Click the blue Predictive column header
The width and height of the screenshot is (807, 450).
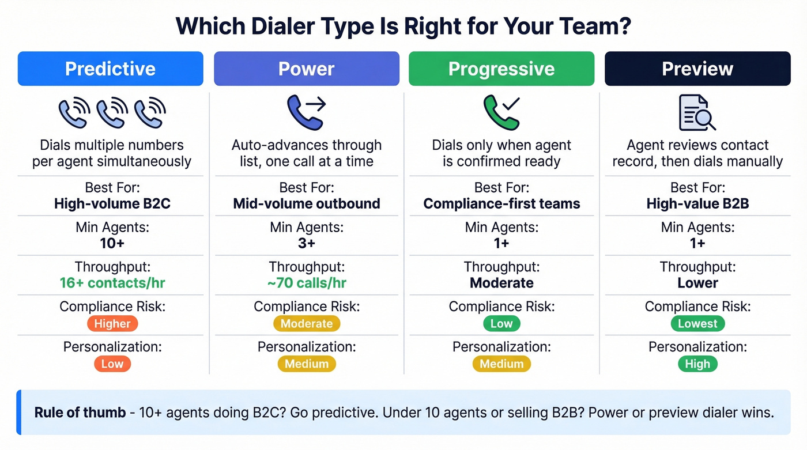point(110,69)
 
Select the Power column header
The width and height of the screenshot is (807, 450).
point(306,69)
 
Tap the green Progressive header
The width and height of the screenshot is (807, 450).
point(501,69)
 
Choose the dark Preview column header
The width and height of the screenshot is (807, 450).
point(697,69)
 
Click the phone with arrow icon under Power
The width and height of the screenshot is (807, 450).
point(306,112)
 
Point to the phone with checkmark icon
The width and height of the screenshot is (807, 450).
point(501,112)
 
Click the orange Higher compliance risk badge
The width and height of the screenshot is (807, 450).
point(112,323)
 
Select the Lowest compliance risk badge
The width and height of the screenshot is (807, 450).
point(697,323)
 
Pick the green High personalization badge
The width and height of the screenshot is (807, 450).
point(697,364)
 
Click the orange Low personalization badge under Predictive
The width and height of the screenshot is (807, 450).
point(112,364)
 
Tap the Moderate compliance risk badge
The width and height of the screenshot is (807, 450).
point(306,323)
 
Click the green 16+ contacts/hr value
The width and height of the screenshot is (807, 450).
point(112,283)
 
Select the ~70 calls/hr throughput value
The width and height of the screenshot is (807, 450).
point(306,283)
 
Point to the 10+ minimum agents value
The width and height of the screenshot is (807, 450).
point(112,243)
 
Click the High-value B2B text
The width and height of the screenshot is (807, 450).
point(697,203)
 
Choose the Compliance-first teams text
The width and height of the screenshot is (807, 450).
point(501,203)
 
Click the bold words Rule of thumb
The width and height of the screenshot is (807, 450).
point(80,413)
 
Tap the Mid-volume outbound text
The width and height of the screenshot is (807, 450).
point(306,203)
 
